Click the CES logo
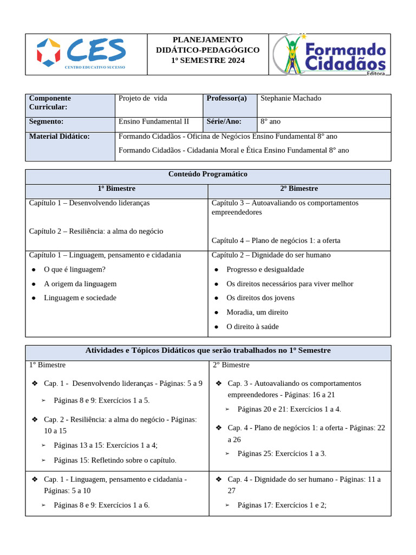pos(81,54)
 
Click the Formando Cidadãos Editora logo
pos(329,55)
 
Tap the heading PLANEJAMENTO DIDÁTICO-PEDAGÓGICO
pos(207,45)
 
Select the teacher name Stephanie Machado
pos(291,98)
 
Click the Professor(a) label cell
pos(226,98)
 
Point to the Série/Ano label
pos(224,122)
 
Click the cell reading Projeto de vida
pos(143,98)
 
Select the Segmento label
pos(46,122)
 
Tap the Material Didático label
pos(59,137)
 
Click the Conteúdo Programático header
pos(208,175)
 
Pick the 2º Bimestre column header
pos(299,189)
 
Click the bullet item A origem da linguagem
pos(80,283)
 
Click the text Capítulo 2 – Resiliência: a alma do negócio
pos(96,231)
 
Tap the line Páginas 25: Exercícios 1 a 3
pos(282,454)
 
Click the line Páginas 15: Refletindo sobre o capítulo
pos(115,460)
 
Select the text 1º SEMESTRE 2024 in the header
pos(207,60)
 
